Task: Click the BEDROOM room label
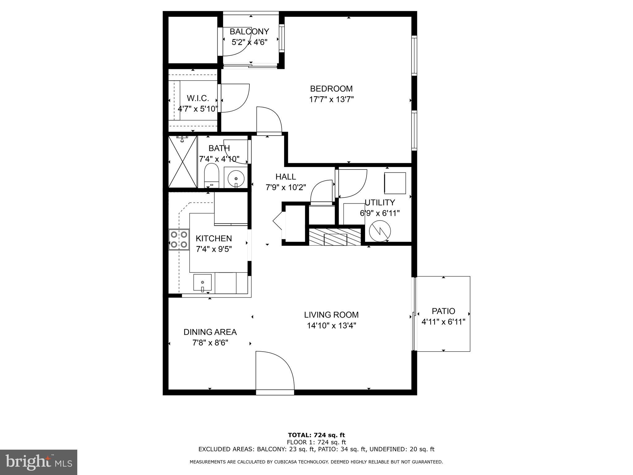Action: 331,89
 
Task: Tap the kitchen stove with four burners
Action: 179,239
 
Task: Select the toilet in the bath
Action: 212,176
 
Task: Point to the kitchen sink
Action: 202,282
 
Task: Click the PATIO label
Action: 443,311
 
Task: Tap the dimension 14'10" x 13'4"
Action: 331,326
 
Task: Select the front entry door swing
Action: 274,370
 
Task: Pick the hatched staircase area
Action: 335,237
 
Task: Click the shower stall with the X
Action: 183,162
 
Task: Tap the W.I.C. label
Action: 198,98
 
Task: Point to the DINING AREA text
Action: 210,332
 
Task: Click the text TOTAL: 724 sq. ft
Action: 316,435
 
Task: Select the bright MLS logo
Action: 39,462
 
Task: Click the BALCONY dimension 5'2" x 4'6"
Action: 249,42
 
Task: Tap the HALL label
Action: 286,177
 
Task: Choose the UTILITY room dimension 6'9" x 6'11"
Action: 380,213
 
